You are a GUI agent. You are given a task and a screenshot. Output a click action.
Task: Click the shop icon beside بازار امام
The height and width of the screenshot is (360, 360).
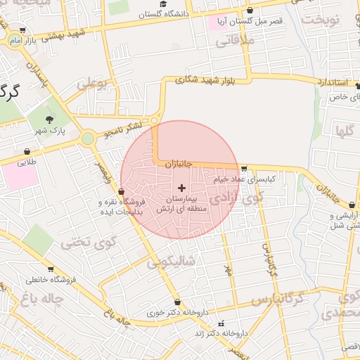click(23, 31)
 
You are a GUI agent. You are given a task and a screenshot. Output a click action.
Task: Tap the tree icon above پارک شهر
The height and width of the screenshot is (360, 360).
click(49, 120)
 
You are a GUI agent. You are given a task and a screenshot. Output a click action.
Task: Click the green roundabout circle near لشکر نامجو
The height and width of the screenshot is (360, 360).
click(87, 139)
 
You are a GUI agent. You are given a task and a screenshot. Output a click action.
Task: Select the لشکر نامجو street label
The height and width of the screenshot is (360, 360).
click(123, 129)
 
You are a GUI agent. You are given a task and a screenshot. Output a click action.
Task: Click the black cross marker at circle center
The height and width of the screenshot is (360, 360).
click(182, 188)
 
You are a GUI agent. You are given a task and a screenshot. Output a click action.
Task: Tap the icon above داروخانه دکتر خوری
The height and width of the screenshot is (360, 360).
click(176, 302)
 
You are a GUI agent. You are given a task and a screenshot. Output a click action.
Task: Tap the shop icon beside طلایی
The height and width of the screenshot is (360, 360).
click(27, 150)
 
